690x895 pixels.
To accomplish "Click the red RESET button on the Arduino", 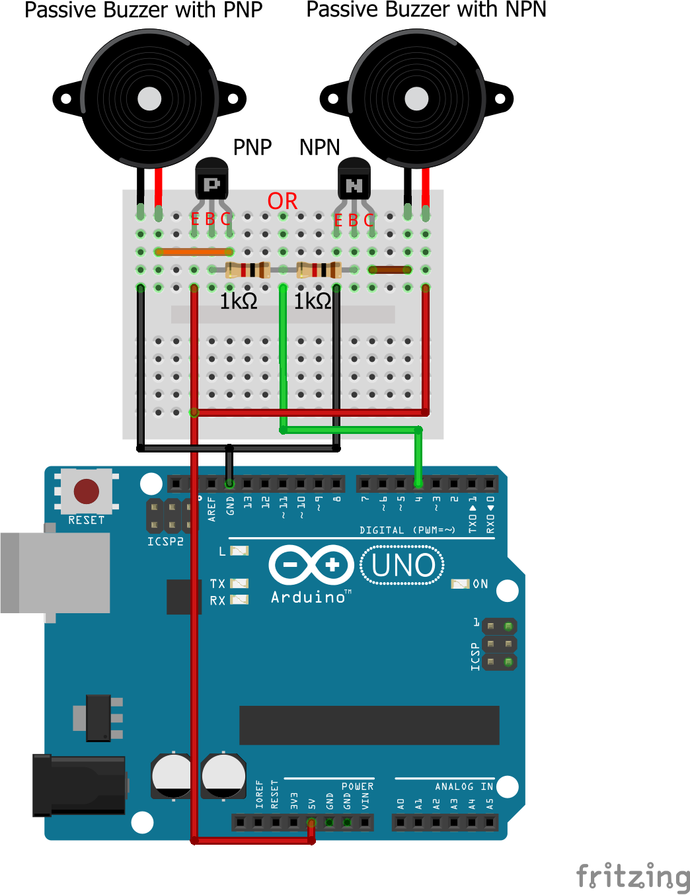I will point(87,491).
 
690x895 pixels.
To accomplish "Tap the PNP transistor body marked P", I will point(211,181).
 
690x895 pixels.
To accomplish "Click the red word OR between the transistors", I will point(282,201).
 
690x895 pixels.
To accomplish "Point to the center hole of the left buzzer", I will point(149,99).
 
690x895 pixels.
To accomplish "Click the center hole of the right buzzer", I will point(416,99).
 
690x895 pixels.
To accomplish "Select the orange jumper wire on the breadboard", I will point(194,252).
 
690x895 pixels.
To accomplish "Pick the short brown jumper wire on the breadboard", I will point(390,270).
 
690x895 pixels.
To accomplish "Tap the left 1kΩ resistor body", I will point(247,270).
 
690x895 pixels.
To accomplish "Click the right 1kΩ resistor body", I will point(319,270).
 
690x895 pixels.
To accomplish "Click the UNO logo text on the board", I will point(403,566).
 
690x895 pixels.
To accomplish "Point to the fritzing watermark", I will point(632,876).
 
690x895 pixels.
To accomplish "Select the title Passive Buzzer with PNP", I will point(143,11).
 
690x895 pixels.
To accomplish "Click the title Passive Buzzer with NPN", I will point(426,11).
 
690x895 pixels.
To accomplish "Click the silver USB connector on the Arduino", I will point(56,572).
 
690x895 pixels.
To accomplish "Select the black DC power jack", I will point(79,785).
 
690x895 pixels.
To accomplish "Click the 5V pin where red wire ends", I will point(311,823).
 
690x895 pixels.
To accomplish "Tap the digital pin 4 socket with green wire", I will point(418,484).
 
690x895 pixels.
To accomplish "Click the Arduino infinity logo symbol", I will point(311,565).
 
